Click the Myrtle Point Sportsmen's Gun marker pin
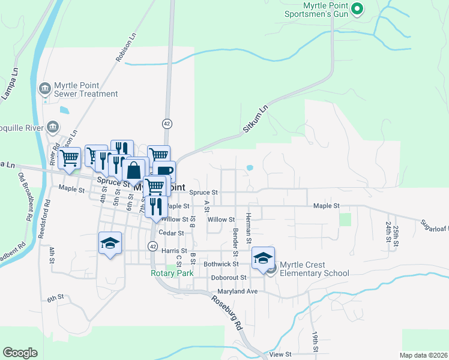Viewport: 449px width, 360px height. (357, 8)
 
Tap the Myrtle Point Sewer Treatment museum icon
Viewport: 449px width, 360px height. (44, 89)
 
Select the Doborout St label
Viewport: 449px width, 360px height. (229, 278)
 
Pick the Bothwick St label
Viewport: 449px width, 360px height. (221, 264)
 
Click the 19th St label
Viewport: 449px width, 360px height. (315, 340)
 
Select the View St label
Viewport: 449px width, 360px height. (280, 355)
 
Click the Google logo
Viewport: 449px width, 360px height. (20, 353)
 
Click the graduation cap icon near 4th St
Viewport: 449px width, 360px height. (110, 242)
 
